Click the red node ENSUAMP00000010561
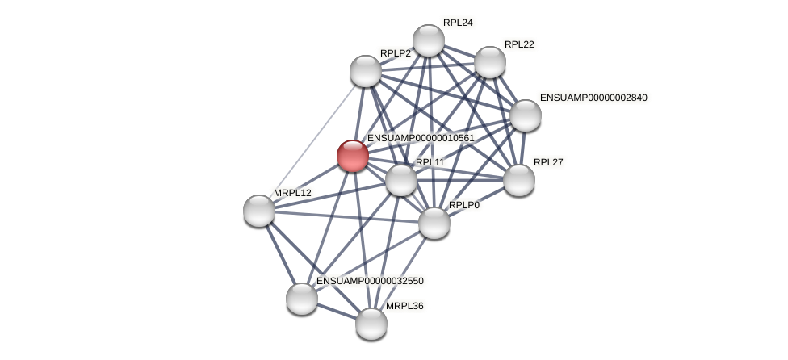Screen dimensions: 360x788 point(353,156)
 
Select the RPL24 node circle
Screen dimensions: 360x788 point(429,40)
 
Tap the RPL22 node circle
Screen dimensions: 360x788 point(490,62)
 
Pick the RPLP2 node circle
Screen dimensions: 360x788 point(366,71)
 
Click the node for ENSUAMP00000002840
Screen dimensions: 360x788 point(526,115)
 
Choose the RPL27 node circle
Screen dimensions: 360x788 point(519,180)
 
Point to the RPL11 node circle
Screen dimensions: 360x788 point(401,180)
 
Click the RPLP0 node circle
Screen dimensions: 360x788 point(434,223)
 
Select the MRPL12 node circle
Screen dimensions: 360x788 point(259,211)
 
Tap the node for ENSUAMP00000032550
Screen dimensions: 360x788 point(302,299)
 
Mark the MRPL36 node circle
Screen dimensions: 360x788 point(371,324)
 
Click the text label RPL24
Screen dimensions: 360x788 point(458,23)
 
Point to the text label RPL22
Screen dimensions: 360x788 point(519,44)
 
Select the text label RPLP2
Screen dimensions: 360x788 point(396,53)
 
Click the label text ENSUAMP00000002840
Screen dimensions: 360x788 point(593,98)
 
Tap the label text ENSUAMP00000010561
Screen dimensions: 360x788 point(421,138)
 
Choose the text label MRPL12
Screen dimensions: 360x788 point(292,193)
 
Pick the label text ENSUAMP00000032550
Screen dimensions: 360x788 point(370,281)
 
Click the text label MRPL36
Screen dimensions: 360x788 point(404,306)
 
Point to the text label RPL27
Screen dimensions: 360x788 point(548,162)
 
